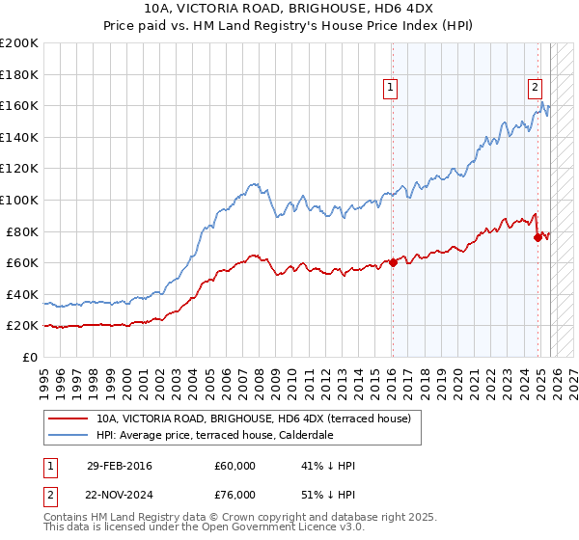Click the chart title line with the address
(x=289, y=9)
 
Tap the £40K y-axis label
(x=22, y=294)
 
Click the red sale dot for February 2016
(x=393, y=262)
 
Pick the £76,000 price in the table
(x=234, y=494)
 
